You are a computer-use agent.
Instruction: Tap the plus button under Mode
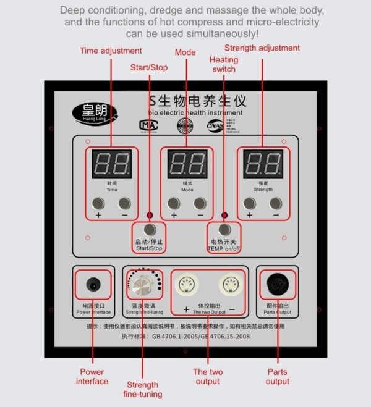click(x=174, y=203)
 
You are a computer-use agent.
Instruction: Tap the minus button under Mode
click(x=200, y=203)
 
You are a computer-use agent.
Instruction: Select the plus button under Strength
click(x=249, y=203)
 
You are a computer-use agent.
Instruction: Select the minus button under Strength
click(x=276, y=203)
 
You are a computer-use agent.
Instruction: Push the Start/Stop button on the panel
click(x=148, y=230)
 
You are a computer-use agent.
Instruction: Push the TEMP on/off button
click(x=223, y=230)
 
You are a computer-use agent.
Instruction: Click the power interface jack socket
click(x=93, y=285)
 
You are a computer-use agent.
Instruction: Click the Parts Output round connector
click(x=277, y=285)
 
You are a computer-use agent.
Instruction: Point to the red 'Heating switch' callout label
click(x=223, y=64)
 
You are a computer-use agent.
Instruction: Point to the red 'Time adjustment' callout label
click(x=111, y=51)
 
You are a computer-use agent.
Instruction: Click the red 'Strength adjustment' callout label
click(x=262, y=48)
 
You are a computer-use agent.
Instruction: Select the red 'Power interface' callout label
click(x=92, y=376)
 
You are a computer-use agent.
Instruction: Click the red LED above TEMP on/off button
click(x=224, y=215)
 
